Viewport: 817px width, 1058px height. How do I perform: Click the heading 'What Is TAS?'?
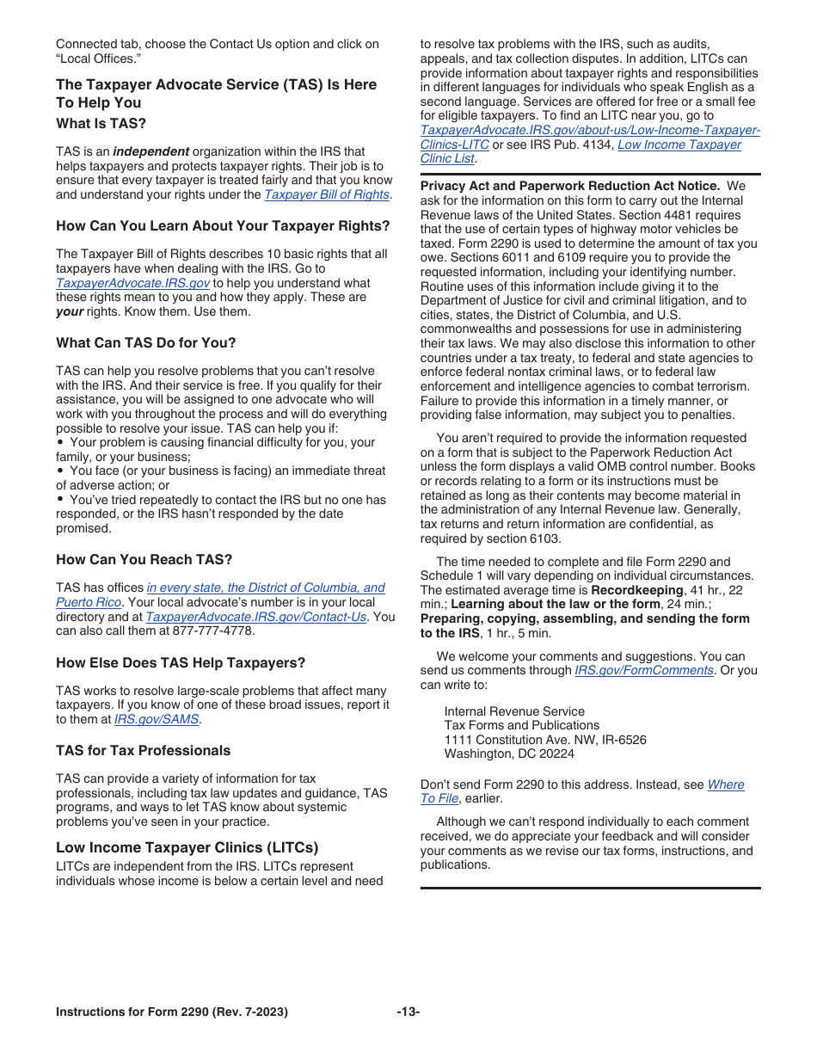coord(101,124)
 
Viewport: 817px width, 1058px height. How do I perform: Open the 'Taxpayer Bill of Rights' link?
coord(326,194)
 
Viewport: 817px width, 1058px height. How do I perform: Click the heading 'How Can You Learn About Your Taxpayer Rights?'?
coord(223,226)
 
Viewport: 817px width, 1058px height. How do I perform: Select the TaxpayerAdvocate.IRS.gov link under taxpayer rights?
coord(132,283)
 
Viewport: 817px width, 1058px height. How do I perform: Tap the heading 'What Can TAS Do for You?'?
coord(145,343)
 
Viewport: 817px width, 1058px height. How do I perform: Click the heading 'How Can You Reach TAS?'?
coord(144,560)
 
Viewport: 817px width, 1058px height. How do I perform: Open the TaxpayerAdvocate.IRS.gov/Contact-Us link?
coord(255,617)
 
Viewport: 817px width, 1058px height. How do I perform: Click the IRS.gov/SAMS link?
coord(157,719)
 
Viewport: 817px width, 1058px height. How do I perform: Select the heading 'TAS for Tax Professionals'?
coord(143,751)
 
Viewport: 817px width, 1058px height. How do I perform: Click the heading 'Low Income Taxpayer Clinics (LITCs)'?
coord(187,848)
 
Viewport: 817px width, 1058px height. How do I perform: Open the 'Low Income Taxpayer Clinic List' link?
coord(679,145)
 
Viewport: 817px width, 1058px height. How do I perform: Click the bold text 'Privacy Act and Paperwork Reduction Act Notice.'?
coord(569,186)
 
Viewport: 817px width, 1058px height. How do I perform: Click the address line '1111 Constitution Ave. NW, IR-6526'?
coord(545,740)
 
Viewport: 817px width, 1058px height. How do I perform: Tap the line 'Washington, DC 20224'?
coord(509,754)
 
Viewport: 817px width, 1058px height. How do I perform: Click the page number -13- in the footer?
coord(408,1012)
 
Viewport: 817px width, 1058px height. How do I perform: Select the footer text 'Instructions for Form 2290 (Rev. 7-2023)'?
coord(172,1012)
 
